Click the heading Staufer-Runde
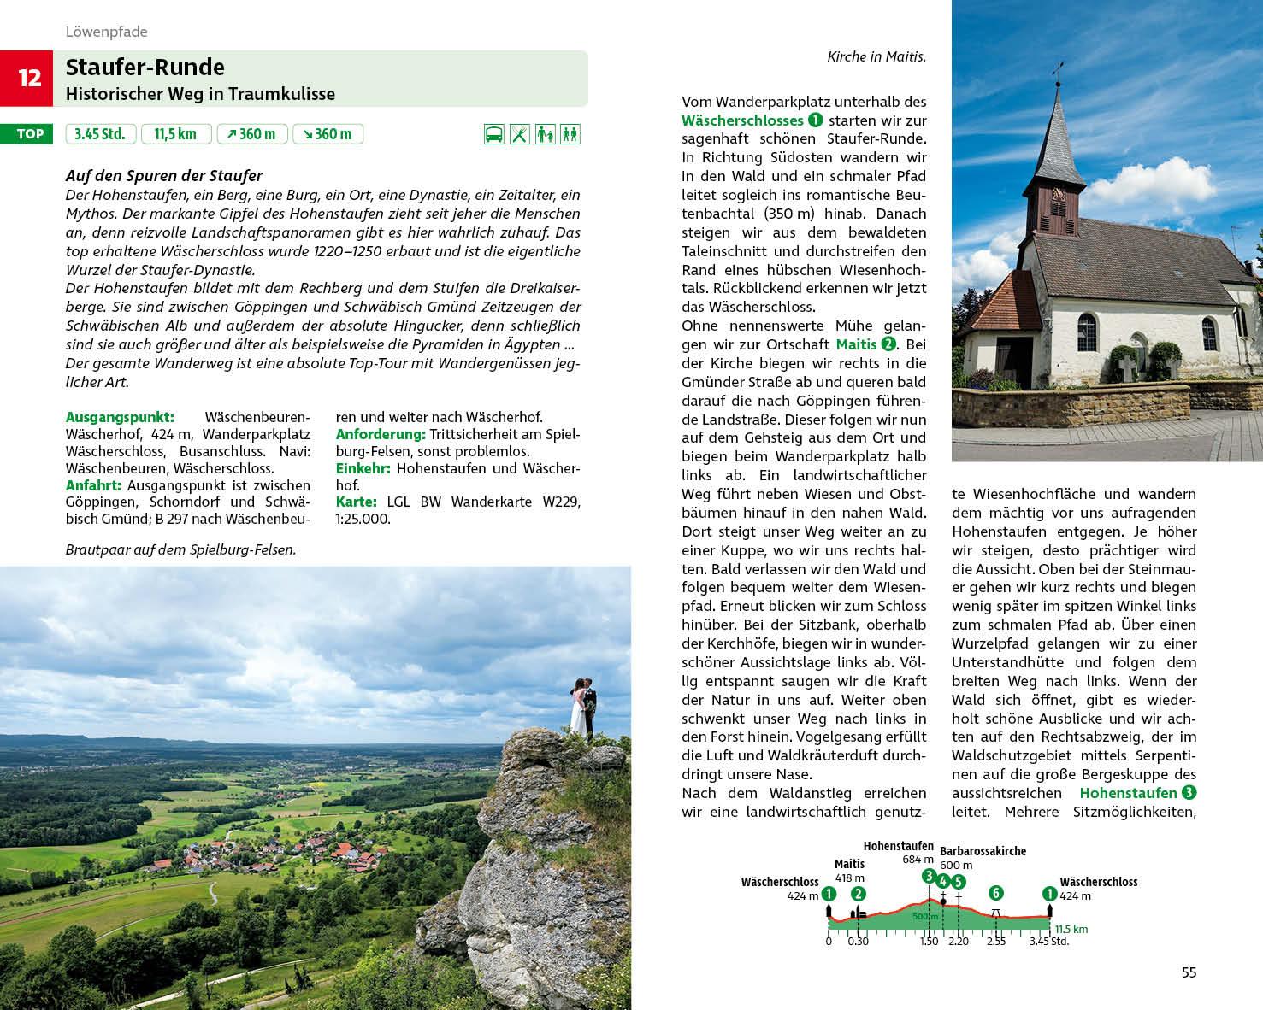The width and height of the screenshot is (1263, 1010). tap(145, 68)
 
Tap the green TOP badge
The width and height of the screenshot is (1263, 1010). tap(30, 134)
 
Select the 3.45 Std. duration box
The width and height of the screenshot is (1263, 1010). tap(100, 134)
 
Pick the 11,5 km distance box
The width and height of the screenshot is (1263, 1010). tap(175, 134)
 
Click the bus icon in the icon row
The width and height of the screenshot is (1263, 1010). tap(493, 134)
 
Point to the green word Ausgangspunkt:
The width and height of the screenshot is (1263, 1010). tap(120, 417)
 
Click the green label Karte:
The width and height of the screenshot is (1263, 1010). tap(357, 502)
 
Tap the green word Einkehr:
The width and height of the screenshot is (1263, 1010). tap(363, 468)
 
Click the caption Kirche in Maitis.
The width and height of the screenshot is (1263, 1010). tap(876, 57)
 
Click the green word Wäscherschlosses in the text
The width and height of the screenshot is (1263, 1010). tap(742, 120)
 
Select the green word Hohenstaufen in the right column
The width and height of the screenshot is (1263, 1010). tap(1128, 793)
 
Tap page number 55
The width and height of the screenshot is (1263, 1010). tap(1189, 972)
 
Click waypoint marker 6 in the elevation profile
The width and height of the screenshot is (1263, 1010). tap(995, 893)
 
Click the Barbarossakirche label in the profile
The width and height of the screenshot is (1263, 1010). tap(983, 851)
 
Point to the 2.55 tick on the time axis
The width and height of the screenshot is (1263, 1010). tap(995, 942)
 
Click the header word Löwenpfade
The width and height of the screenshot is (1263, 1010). tap(107, 32)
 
